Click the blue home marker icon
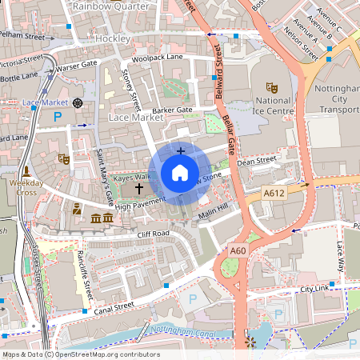[x=180, y=173]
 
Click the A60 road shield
[x=238, y=250]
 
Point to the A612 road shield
[x=274, y=193]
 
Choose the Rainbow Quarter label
[x=110, y=6]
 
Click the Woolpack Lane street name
[x=158, y=58]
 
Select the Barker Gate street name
[x=173, y=110]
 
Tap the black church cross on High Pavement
[x=139, y=189]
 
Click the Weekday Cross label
[x=27, y=188]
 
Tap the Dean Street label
[x=256, y=162]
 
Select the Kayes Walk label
[x=131, y=176]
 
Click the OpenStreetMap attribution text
[x=81, y=354]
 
